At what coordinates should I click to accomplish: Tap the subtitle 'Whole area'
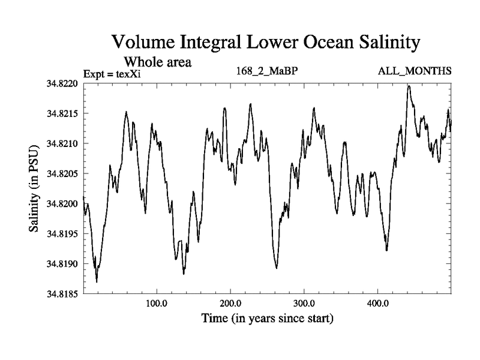[157, 61]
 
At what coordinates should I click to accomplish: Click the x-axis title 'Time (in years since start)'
[268, 317]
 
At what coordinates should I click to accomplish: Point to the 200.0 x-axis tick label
[230, 303]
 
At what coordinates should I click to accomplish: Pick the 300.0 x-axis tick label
[304, 303]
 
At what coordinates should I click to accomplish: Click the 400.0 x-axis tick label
[378, 303]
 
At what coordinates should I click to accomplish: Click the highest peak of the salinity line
[409, 86]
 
